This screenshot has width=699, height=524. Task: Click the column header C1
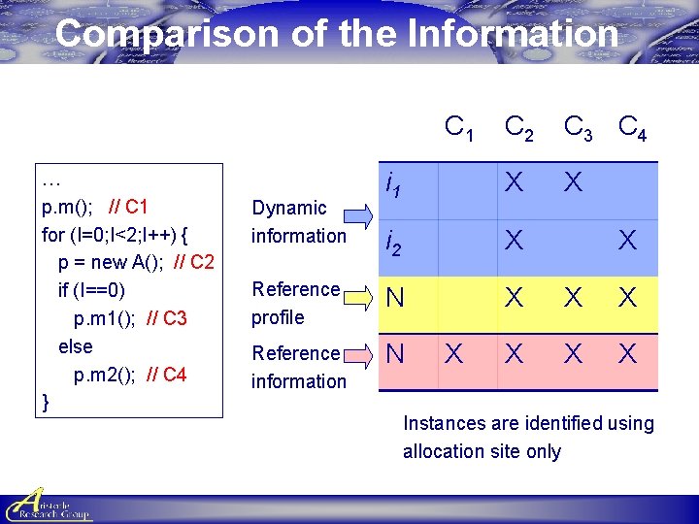[x=459, y=127]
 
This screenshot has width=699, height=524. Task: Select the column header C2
[x=517, y=127]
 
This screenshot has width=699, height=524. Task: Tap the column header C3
[x=579, y=127]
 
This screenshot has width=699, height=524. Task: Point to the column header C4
[x=633, y=127]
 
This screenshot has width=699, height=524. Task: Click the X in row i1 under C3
[x=573, y=182]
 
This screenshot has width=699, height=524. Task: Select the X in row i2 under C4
[x=628, y=241]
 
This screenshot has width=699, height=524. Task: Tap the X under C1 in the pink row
[x=453, y=354]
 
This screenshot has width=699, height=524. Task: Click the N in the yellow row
[x=395, y=298]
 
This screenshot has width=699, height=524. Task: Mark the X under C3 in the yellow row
[x=573, y=298]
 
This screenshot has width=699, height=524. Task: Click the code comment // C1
[x=130, y=206]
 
